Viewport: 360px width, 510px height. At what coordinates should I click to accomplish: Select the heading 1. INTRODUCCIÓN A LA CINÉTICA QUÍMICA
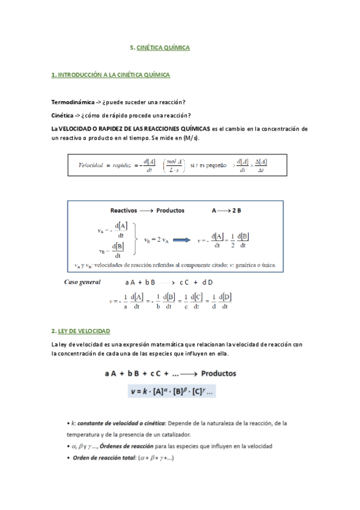[111, 75]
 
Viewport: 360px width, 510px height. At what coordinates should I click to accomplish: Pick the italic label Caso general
[83, 281]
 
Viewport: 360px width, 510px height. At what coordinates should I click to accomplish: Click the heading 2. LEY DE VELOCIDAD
[81, 331]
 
